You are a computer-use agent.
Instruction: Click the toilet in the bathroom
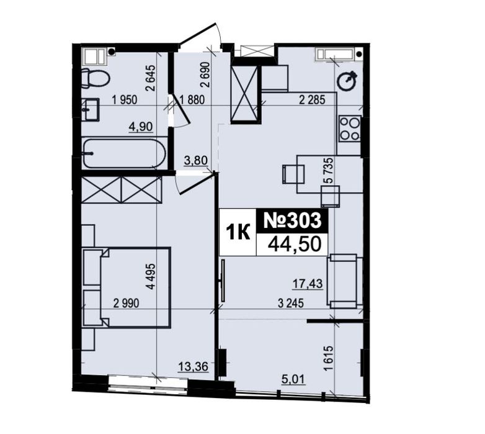pyautogui.click(x=96, y=78)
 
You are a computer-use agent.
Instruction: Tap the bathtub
pyautogui.click(x=125, y=153)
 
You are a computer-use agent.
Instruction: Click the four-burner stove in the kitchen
pyautogui.click(x=350, y=128)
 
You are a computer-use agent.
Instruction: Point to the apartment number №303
pyautogui.click(x=291, y=221)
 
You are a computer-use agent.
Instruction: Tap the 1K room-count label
pyautogui.click(x=238, y=232)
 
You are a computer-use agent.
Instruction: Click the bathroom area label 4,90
pyautogui.click(x=141, y=127)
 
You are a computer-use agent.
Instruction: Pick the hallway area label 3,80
pyautogui.click(x=195, y=161)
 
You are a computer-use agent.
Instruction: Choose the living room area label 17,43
pyautogui.click(x=308, y=283)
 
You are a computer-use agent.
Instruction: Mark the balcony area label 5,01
pyautogui.click(x=293, y=378)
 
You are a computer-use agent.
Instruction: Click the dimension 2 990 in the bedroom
pyautogui.click(x=127, y=304)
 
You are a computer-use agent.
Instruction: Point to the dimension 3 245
pyautogui.click(x=291, y=304)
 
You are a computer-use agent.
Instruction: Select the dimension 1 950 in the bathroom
pyautogui.click(x=125, y=100)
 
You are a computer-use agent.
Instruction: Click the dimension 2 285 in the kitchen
pyautogui.click(x=313, y=100)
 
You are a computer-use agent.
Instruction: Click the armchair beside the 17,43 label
pyautogui.click(x=344, y=281)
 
